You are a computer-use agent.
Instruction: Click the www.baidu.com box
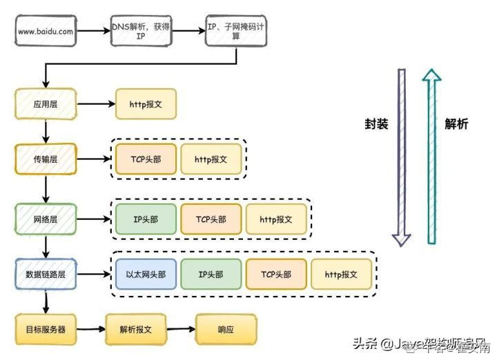46,31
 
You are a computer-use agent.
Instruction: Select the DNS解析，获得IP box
140,31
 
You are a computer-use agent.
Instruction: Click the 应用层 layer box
46,104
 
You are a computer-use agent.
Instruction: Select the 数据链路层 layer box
46,274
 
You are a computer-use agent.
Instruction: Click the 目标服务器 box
46,329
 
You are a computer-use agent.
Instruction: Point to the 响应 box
226,329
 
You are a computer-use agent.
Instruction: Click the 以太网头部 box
146,274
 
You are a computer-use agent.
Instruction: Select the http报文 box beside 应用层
146,104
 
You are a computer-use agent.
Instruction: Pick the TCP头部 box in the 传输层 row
146,159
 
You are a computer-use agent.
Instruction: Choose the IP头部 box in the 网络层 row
146,219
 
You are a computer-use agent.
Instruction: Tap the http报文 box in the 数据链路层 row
341,274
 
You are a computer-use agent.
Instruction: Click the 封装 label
376,124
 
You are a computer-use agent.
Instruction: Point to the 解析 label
456,124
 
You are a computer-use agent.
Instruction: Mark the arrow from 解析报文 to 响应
180,329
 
